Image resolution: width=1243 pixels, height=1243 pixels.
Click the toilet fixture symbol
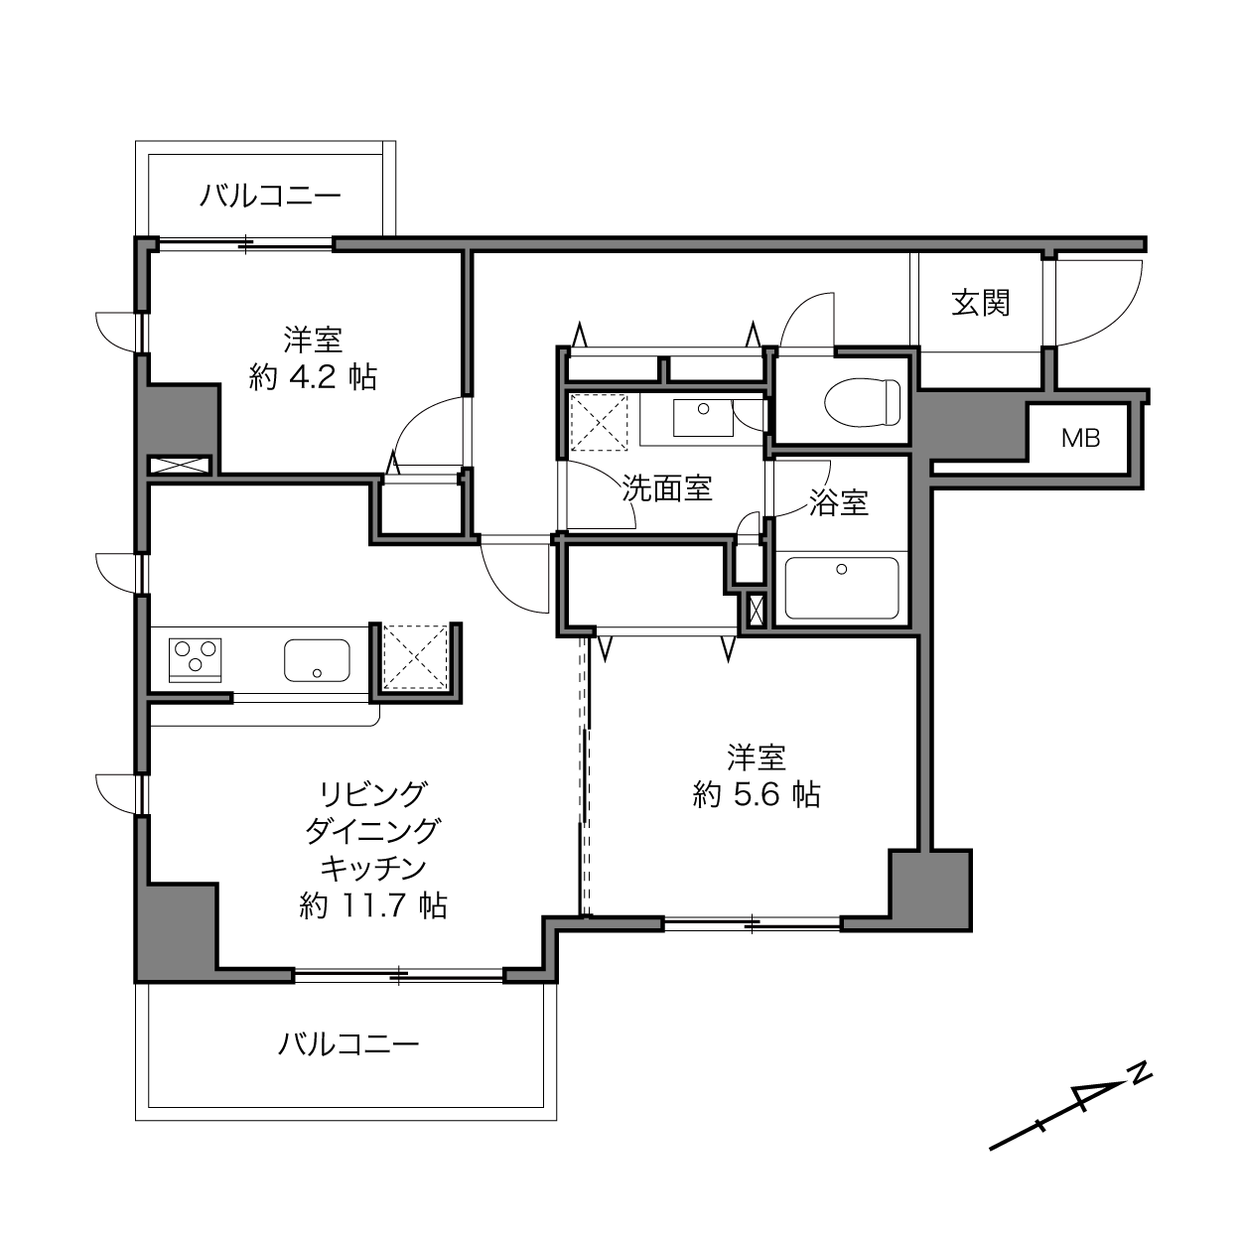tap(862, 402)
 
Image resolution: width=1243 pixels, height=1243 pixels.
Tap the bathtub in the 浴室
tap(841, 588)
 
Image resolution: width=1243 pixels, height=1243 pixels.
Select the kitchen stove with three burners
tap(195, 660)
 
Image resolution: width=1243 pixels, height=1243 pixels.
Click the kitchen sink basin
tap(317, 660)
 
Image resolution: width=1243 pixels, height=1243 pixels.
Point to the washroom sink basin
tap(703, 417)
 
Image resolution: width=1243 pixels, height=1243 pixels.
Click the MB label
tap(1080, 439)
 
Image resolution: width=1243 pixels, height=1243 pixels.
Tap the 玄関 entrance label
tap(981, 303)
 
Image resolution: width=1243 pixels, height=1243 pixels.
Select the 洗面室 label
tap(667, 488)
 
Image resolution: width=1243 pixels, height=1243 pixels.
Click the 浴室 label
tap(839, 502)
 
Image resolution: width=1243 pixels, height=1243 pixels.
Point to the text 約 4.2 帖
tap(313, 377)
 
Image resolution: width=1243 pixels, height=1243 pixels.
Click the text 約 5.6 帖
tap(757, 795)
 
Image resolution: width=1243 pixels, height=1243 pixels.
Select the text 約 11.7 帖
tap(373, 905)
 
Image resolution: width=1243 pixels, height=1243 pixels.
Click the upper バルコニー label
tap(270, 196)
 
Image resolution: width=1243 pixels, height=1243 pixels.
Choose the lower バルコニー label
tap(348, 1043)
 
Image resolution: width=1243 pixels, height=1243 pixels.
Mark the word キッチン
tap(373, 869)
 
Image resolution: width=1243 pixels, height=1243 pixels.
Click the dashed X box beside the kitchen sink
tap(415, 656)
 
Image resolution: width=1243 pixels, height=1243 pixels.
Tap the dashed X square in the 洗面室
tap(600, 422)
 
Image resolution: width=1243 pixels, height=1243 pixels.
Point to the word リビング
tap(373, 794)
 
